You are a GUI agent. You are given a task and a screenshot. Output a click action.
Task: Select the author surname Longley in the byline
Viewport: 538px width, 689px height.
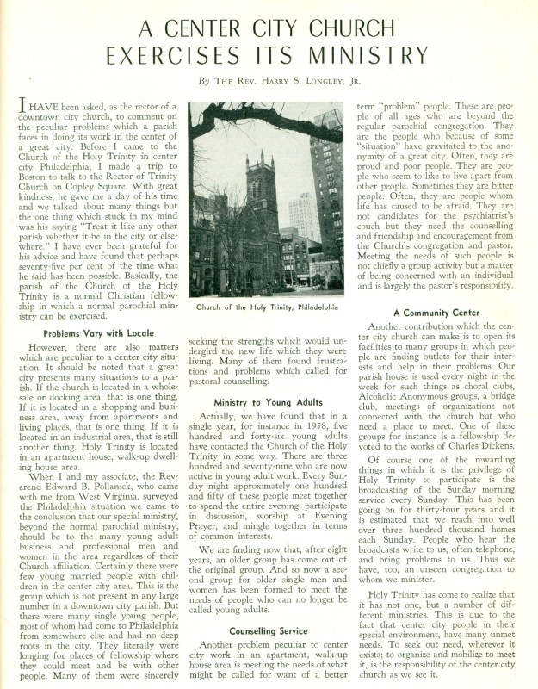295,83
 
